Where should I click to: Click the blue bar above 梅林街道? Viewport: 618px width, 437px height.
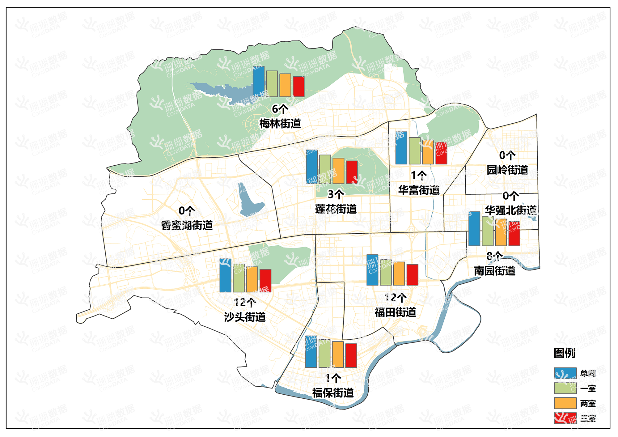259,81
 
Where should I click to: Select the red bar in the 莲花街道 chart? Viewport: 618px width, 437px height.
352,172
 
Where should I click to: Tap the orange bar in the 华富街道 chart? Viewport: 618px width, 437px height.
428,152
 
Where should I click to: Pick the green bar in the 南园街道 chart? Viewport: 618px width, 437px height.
488,231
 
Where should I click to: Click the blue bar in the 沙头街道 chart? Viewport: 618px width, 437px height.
225,275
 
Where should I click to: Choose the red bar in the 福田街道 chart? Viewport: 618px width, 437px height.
412,274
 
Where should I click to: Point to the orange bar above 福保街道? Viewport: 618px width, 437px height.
338,354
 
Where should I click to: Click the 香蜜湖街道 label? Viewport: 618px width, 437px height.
187,225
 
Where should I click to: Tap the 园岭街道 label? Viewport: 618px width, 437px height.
507,170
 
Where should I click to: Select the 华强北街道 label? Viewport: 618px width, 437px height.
511,210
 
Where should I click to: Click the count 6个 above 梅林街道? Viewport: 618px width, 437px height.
280,109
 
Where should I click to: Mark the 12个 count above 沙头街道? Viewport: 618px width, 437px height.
245,302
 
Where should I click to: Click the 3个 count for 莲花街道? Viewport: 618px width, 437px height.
336,194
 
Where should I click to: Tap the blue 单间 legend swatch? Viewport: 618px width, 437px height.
565,373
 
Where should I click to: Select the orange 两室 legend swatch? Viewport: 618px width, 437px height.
565,403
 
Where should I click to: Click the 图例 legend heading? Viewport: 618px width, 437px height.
565,353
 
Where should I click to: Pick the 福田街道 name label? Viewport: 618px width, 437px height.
395,312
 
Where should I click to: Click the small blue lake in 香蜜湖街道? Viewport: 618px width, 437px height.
249,203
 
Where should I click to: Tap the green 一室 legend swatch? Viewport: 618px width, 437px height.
565,388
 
